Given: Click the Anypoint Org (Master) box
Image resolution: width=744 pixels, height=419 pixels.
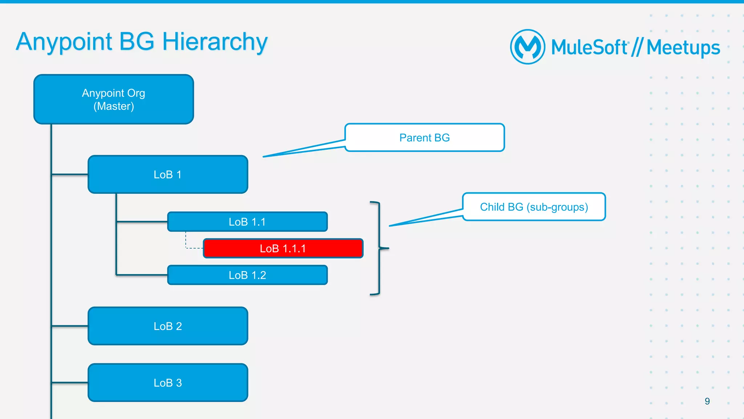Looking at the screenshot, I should pos(113,99).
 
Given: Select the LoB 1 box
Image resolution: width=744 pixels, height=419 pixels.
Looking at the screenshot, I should pos(168,174).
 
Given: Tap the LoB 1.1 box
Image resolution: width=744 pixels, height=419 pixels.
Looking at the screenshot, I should pos(247,222).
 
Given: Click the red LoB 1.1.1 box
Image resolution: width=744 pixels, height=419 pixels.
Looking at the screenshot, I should pos(283,249).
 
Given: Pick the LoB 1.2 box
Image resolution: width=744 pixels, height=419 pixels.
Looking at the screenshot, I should pos(247,275).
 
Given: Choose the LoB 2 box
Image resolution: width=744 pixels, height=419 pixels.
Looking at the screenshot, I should pos(168,326).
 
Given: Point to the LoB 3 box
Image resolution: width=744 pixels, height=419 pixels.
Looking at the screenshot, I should pos(168,383).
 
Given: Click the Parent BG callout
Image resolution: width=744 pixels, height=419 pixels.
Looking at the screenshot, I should pos(424,138).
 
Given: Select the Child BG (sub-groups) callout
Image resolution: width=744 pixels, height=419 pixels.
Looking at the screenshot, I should pos(534,207).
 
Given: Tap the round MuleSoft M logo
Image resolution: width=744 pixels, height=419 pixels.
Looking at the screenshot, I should pos(527,47).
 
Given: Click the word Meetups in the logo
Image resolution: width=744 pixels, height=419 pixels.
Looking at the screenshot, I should pos(683,48).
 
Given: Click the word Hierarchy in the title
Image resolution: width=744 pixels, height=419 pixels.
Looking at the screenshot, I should pos(215,42).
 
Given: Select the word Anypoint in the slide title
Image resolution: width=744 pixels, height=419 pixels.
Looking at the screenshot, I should pos(64,42).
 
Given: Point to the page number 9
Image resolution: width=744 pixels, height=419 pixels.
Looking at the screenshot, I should pos(707,401).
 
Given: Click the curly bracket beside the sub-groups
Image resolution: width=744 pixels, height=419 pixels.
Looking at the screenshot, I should pos(379,248).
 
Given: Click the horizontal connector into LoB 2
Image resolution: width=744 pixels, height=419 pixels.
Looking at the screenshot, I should pos(70,326).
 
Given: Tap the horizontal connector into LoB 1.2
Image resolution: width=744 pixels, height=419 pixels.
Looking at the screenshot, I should pos(142,275).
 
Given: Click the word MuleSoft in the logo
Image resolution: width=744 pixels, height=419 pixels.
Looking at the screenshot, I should pos(589,48).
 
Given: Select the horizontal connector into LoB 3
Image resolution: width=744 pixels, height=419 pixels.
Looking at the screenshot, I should pos(70,382).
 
